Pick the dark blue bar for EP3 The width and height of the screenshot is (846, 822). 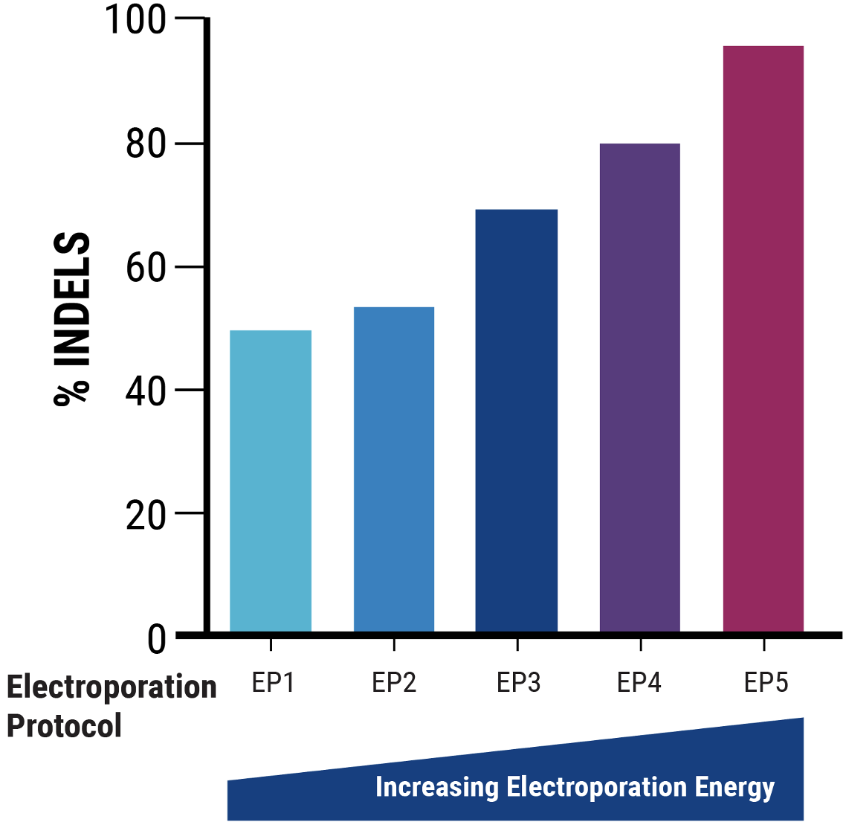[x=517, y=420]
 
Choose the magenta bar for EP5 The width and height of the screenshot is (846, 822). [x=763, y=338]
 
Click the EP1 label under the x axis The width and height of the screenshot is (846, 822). [x=273, y=682]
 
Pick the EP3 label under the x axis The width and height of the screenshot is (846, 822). [x=518, y=682]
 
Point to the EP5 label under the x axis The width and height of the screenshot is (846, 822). [x=766, y=682]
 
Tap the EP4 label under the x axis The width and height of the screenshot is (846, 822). [x=639, y=682]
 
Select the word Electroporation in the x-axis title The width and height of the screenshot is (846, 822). [x=112, y=688]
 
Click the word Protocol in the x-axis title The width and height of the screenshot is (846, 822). [x=64, y=726]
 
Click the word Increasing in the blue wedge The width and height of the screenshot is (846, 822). [x=437, y=787]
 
